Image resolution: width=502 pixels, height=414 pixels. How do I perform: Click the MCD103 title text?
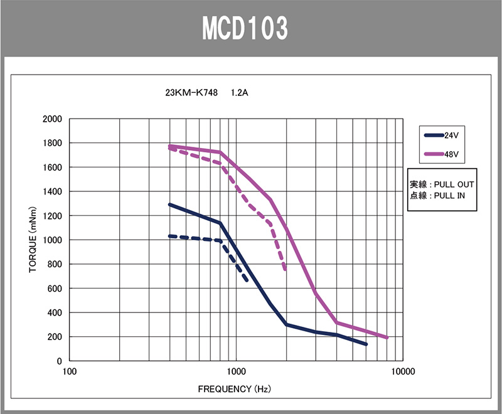click(245, 28)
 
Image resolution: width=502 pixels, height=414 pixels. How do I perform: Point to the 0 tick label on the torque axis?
click(60, 361)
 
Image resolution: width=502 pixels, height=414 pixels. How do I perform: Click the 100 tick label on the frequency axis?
click(70, 371)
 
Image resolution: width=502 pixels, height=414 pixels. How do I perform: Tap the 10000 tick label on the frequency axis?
click(402, 371)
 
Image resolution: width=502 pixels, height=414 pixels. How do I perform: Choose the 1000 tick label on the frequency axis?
click(236, 371)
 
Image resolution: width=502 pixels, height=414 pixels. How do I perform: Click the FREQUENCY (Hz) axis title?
click(234, 389)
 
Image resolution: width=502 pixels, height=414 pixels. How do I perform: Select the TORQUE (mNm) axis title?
click(33, 240)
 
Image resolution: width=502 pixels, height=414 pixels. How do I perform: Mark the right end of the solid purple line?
click(387, 337)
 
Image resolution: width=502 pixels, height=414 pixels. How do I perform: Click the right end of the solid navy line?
click(366, 344)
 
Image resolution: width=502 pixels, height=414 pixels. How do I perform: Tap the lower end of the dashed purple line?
click(286, 270)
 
